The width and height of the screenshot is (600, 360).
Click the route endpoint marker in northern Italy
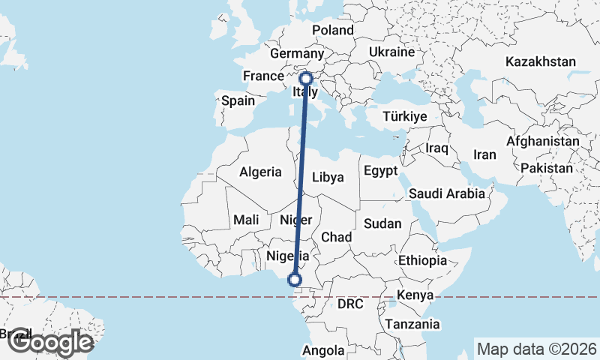tap(306, 77)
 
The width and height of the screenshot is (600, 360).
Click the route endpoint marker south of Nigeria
tap(295, 280)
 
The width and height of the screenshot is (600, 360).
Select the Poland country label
tap(332, 30)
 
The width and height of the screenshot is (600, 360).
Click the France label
tap(262, 76)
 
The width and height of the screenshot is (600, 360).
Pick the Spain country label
tap(238, 100)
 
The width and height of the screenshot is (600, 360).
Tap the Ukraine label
tap(391, 52)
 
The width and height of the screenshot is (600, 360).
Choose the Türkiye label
tap(404, 116)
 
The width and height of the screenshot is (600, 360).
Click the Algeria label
tap(260, 172)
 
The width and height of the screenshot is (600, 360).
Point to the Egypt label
tap(380, 171)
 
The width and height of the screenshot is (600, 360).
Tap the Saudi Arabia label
tap(447, 193)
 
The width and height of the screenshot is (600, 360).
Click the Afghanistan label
tap(542, 141)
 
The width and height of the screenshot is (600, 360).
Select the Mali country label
tap(246, 220)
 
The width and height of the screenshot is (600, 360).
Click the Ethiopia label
tap(422, 260)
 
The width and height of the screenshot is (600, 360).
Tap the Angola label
tap(324, 350)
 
